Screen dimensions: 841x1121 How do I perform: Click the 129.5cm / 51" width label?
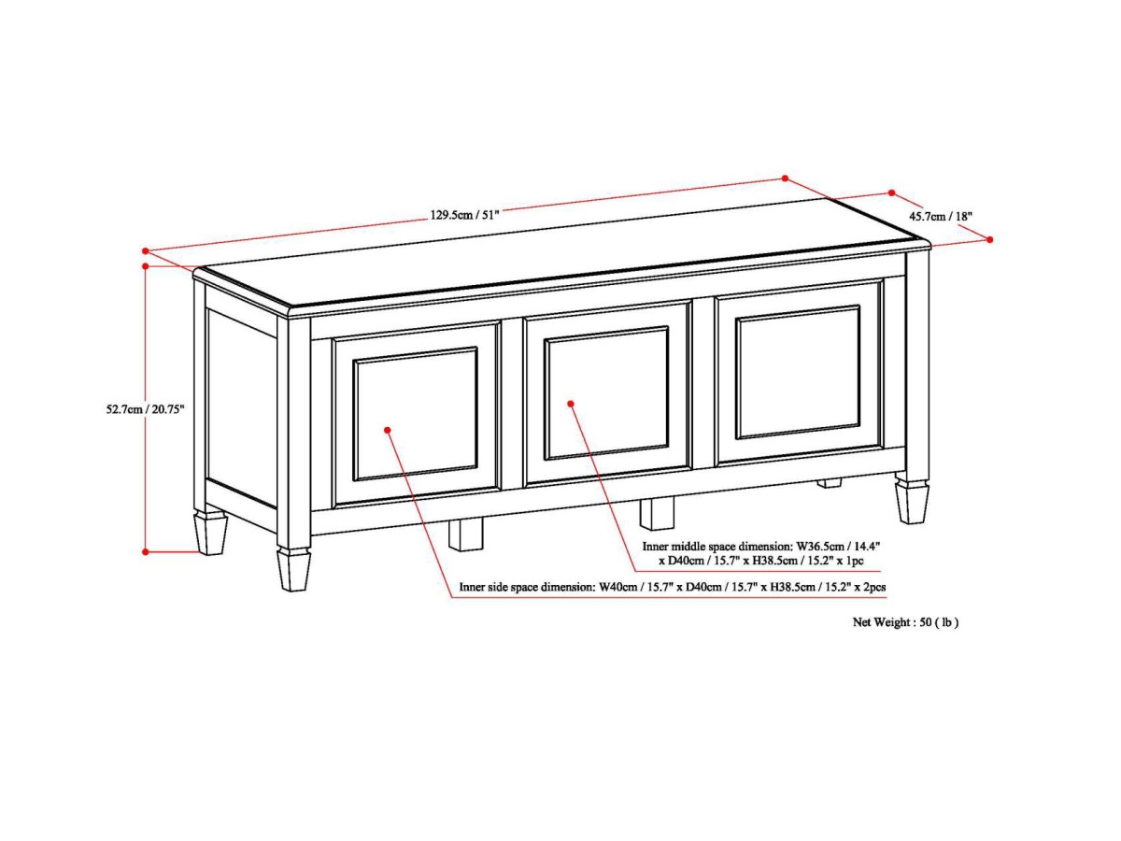(465, 214)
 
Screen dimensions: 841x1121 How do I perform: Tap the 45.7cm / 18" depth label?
(941, 216)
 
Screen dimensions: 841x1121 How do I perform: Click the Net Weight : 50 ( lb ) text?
(905, 621)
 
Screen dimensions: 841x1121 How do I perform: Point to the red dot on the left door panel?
(388, 430)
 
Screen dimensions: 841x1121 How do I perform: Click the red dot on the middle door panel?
(571, 404)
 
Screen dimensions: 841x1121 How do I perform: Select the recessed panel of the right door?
(798, 372)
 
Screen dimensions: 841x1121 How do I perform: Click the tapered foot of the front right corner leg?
(911, 502)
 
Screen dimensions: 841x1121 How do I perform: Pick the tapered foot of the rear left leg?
(210, 532)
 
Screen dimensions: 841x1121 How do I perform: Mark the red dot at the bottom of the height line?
(146, 551)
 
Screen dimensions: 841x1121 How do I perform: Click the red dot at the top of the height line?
(146, 266)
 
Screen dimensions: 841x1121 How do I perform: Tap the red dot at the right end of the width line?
(786, 178)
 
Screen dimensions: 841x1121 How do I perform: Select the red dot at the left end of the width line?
(146, 250)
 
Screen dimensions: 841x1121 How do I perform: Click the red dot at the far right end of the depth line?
(990, 239)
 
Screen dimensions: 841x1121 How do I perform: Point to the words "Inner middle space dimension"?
(717, 546)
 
